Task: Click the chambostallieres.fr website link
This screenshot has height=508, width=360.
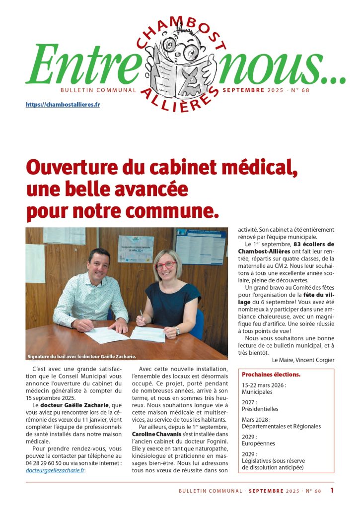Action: (x=63, y=105)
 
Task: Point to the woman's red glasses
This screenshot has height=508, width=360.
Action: (x=166, y=265)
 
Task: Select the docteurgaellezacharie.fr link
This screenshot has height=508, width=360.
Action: (x=55, y=470)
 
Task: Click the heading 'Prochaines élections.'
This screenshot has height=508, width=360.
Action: (x=271, y=374)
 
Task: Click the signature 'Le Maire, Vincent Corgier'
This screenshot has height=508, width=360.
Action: (x=303, y=360)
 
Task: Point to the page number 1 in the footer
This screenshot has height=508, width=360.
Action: (x=332, y=491)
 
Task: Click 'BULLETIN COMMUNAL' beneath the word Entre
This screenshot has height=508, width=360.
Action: (x=98, y=90)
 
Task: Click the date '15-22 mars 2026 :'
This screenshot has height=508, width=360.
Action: (x=264, y=384)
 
